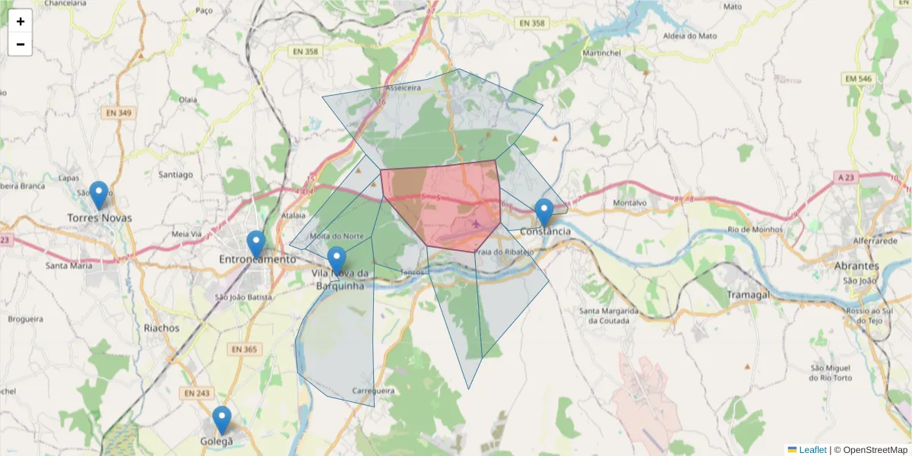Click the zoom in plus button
coord(21,21)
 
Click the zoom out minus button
coord(21,44)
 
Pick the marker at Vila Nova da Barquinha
coord(337,261)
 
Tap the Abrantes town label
coord(857,266)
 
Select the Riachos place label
coord(161,328)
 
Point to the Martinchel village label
coord(602,53)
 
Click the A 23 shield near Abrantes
coord(846,177)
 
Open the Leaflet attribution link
coord(812,450)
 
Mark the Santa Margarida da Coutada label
coord(604,315)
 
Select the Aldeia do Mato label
coord(690,36)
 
